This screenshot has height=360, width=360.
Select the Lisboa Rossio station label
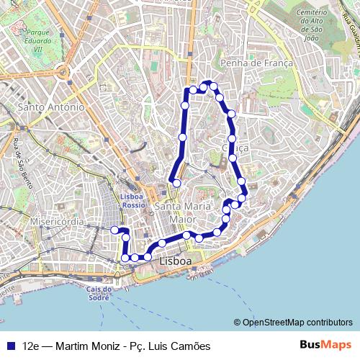[x=132, y=200]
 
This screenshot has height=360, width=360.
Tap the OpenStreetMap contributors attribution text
[x=297, y=323]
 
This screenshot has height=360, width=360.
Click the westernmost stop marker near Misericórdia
[x=114, y=230]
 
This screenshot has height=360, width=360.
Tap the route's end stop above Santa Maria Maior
[x=176, y=183]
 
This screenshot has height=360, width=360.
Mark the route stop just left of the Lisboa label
[x=148, y=256]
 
